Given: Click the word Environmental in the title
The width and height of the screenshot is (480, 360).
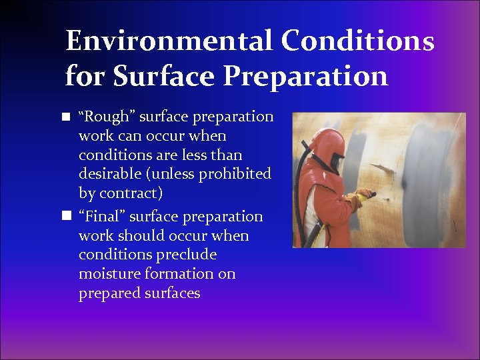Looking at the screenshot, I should pos(169,41).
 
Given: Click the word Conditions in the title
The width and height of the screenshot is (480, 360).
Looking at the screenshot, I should pos(357,41).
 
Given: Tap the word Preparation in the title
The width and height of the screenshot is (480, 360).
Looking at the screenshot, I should pos(305,76).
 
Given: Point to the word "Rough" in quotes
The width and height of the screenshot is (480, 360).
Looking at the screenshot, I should pos(101,117).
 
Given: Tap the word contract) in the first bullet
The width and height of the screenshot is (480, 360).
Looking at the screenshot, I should pos(139,193).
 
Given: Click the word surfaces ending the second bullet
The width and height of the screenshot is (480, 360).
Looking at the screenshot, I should pos(170,293).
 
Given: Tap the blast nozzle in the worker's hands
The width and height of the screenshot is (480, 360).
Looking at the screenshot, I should pos(368,195).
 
